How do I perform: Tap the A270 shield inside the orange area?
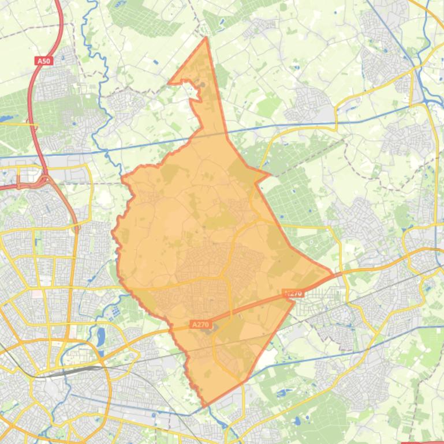[x=200, y=325]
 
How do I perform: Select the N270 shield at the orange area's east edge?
[x=294, y=293]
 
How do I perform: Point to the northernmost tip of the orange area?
[x=206, y=38]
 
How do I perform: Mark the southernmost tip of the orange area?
[x=203, y=406]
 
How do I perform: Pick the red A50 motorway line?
[x=35, y=104]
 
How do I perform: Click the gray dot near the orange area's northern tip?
[x=203, y=85]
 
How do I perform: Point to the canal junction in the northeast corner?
[x=426, y=101]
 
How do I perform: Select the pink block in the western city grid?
[x=37, y=294]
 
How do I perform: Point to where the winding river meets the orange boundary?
[x=122, y=176]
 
